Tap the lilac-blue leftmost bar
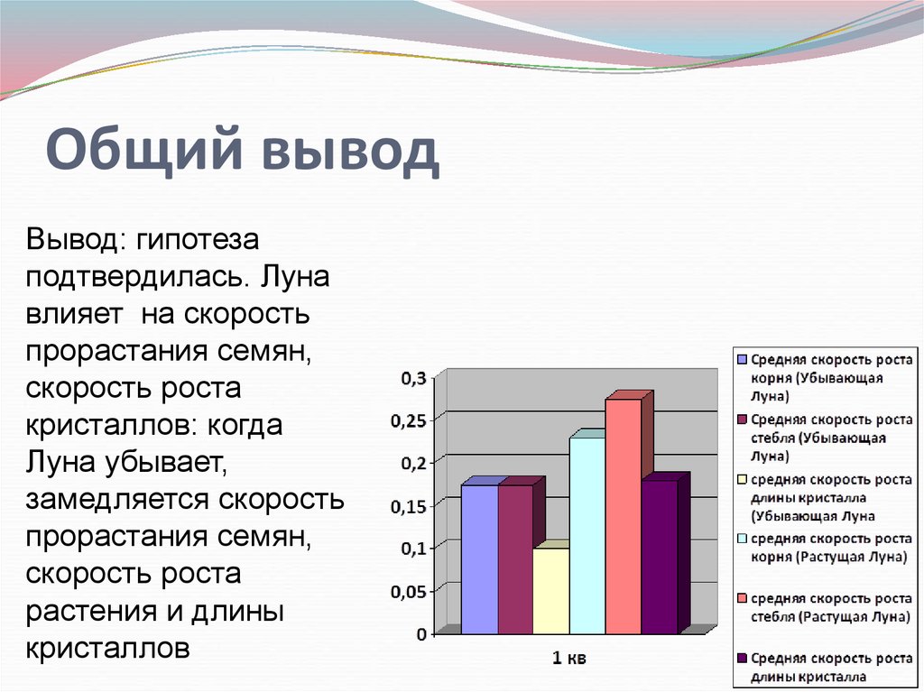(479, 558)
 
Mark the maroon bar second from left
(514, 558)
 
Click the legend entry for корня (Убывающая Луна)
(821, 377)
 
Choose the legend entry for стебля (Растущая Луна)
(821, 607)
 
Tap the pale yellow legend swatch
(742, 480)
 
